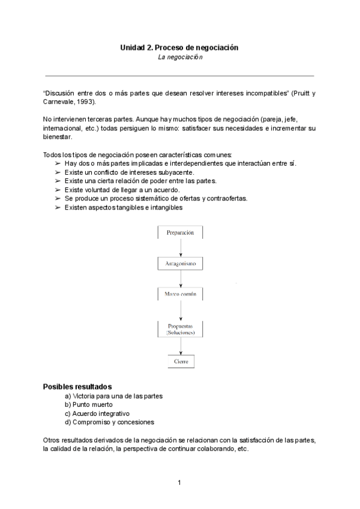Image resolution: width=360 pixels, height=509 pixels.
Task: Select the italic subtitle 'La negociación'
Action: click(x=180, y=57)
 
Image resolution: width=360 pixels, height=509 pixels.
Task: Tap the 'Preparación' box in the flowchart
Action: click(x=180, y=232)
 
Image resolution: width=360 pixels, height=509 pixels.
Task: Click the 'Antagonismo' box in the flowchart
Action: click(x=180, y=264)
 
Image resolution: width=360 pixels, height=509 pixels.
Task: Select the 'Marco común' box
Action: click(x=180, y=295)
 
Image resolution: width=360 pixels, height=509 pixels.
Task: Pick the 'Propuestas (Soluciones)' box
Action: click(x=180, y=328)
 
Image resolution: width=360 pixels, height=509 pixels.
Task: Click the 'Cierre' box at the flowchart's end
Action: click(x=180, y=362)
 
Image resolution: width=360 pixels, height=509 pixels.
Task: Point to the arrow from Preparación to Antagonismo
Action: click(x=180, y=248)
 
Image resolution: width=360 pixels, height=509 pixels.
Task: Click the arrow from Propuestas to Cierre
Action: click(x=180, y=346)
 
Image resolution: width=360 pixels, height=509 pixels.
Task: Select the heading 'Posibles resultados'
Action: click(x=77, y=387)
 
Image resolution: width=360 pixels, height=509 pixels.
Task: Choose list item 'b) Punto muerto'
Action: click(x=89, y=405)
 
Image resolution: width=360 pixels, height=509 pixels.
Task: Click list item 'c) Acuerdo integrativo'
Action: click(x=97, y=413)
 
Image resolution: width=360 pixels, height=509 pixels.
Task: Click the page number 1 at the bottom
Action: click(x=179, y=483)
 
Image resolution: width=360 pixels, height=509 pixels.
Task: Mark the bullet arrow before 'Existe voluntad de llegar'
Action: click(x=58, y=190)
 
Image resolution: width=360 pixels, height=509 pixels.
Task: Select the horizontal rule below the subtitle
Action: click(x=180, y=76)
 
